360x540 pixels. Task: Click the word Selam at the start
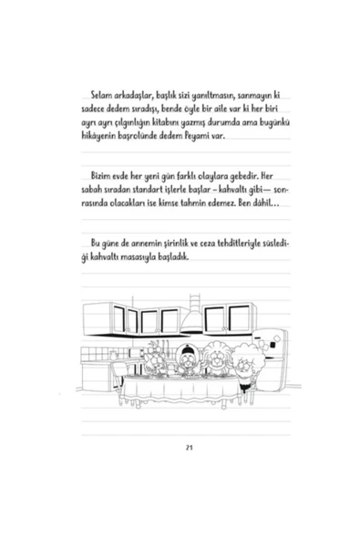[95, 97]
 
